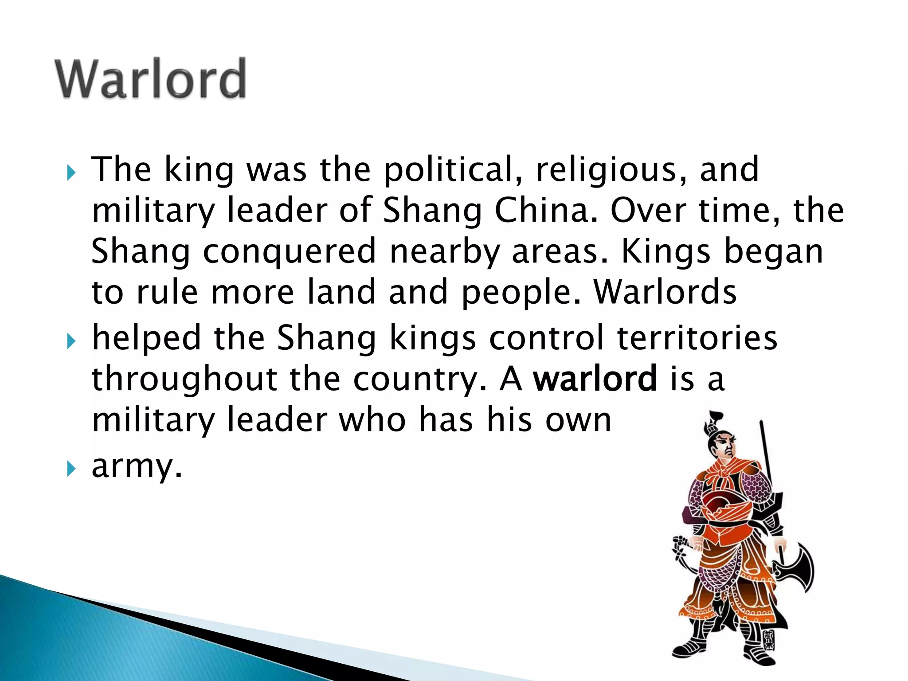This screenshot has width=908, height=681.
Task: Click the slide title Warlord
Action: pyautogui.click(x=151, y=79)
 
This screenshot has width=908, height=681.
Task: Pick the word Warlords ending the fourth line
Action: pyautogui.click(x=665, y=293)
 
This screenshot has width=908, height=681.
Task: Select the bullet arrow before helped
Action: pyautogui.click(x=71, y=341)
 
